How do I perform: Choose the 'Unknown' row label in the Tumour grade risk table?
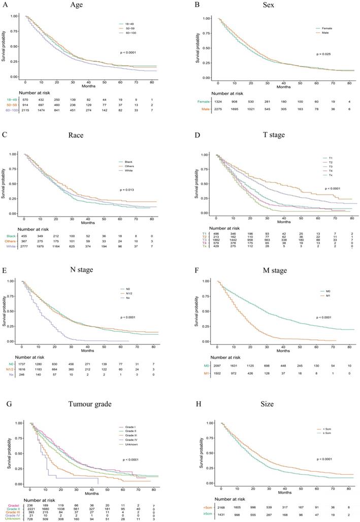click(x=11, y=518)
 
